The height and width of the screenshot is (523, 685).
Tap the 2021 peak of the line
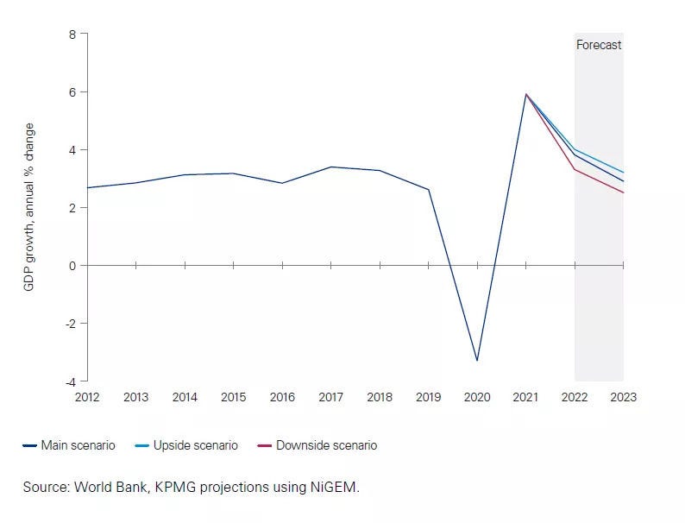pos(525,94)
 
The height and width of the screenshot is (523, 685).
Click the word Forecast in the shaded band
pos(598,45)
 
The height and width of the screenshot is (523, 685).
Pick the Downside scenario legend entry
pos(317,445)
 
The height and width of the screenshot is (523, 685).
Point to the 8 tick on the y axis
pos(72,34)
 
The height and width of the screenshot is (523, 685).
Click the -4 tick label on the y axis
pos(71,381)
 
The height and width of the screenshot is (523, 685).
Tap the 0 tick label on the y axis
pos(72,265)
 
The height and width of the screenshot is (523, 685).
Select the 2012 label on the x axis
pos(87,397)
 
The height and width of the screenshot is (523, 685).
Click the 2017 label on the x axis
pos(330,397)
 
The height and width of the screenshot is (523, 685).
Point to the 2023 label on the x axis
pos(623,397)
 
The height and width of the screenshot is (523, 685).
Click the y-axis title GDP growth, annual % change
pos(28,206)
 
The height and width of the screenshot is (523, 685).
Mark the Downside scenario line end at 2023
pos(623,192)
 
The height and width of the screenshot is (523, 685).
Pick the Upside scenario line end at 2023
pos(623,173)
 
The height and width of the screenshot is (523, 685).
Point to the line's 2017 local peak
pos(330,167)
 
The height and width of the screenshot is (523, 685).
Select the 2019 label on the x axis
pos(428,397)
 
